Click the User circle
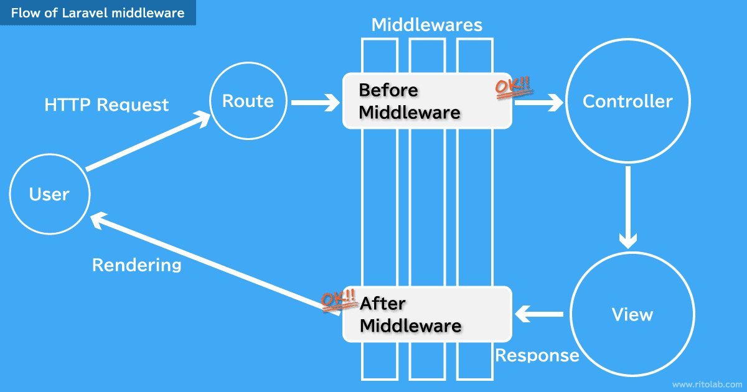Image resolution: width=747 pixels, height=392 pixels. pos(49,194)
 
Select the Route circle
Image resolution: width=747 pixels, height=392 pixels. pos(248,101)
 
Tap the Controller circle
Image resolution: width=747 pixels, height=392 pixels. pos(627,101)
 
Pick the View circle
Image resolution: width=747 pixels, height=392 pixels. pos(632,314)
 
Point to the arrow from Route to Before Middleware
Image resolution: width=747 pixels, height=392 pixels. pos(315,102)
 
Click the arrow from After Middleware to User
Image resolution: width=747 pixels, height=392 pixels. pos(212,261)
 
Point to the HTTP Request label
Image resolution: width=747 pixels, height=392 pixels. pos(106,105)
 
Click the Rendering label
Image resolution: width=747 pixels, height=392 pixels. pos(136,265)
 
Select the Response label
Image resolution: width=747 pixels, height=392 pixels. pos(537,355)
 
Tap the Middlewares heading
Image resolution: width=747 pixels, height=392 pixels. pos(426,25)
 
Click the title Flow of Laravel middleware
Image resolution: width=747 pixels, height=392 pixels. pos(98,12)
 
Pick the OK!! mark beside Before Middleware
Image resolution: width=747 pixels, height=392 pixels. pos(514,88)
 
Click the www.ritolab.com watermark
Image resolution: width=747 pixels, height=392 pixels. pos(707,384)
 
